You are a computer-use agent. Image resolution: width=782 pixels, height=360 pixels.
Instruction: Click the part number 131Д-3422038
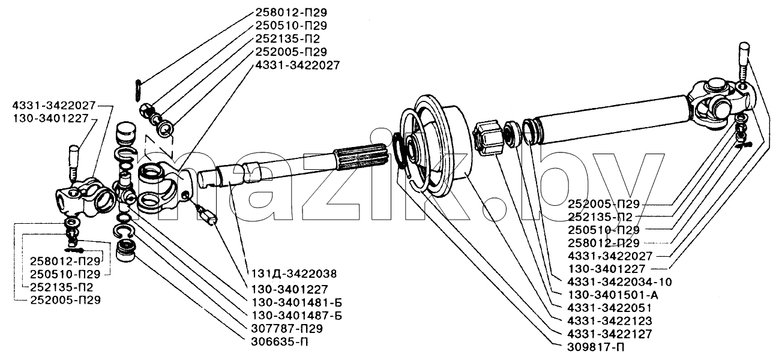point(294,274)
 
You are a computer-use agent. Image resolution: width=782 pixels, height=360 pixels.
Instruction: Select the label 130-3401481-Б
point(296,302)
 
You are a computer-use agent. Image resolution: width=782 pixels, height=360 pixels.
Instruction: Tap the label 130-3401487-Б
point(296,316)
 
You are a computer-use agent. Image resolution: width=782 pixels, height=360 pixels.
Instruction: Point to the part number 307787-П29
point(287,329)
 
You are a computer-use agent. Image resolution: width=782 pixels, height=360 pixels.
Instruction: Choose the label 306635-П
point(280,341)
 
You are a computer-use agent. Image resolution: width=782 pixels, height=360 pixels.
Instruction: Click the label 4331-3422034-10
point(620,282)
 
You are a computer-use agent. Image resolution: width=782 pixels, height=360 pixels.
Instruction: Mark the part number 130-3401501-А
point(613,295)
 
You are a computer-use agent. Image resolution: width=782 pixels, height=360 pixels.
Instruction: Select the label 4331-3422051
point(610,308)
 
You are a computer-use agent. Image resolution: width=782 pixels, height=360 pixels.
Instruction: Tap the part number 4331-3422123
point(610,321)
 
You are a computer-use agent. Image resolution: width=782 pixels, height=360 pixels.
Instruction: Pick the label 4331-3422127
point(610,334)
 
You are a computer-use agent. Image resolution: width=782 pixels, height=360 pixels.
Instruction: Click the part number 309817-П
point(596,347)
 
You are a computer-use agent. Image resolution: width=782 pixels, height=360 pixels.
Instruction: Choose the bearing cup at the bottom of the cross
point(125,251)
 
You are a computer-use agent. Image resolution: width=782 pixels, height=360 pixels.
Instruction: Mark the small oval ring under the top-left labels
point(138,91)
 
